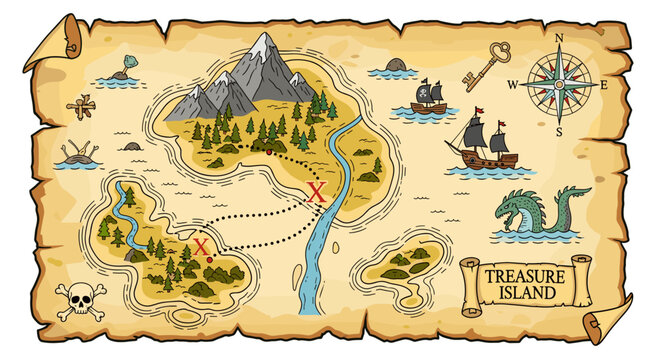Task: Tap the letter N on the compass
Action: (559, 38)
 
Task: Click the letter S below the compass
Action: (559, 131)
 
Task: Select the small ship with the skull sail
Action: (428, 97)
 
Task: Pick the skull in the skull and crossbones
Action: (77, 295)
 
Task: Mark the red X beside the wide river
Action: (317, 193)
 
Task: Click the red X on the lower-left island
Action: (201, 246)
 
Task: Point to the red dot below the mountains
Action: (268, 151)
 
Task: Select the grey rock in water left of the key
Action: (397, 65)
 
